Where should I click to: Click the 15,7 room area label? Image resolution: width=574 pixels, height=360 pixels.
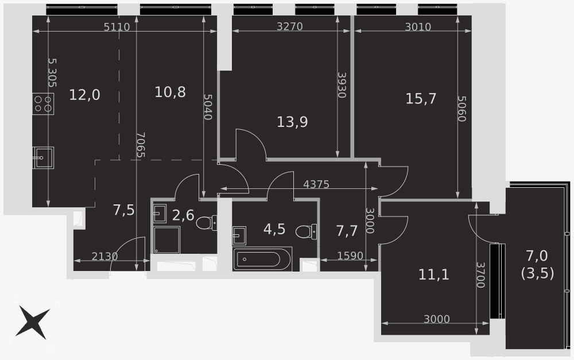421,99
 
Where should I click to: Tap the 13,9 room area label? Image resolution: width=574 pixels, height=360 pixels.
292,122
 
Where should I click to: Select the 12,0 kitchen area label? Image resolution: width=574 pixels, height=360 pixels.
84,95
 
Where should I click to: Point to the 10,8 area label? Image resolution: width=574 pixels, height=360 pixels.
170,92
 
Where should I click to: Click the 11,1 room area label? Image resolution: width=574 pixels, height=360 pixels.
433,274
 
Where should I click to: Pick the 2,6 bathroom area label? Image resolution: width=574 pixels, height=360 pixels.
183,215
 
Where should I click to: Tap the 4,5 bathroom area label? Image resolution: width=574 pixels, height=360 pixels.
274,229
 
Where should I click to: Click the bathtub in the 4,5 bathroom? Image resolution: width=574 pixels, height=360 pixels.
262,260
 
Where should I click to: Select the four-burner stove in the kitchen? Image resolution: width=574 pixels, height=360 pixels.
43,104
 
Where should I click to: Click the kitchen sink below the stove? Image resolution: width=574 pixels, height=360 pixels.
43,157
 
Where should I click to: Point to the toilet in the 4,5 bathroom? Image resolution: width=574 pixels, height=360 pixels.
306,231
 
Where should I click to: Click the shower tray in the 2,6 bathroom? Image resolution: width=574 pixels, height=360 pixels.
167,240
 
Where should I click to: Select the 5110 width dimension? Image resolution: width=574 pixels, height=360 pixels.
117,27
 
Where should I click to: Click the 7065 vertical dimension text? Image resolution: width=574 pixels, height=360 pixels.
140,145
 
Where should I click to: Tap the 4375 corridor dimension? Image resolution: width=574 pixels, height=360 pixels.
316,184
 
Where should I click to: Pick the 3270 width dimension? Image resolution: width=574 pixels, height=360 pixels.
289,26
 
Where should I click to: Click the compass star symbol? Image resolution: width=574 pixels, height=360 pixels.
33,323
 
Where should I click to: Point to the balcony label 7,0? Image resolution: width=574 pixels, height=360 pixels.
537,256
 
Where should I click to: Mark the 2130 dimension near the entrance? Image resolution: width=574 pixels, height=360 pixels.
104,256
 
